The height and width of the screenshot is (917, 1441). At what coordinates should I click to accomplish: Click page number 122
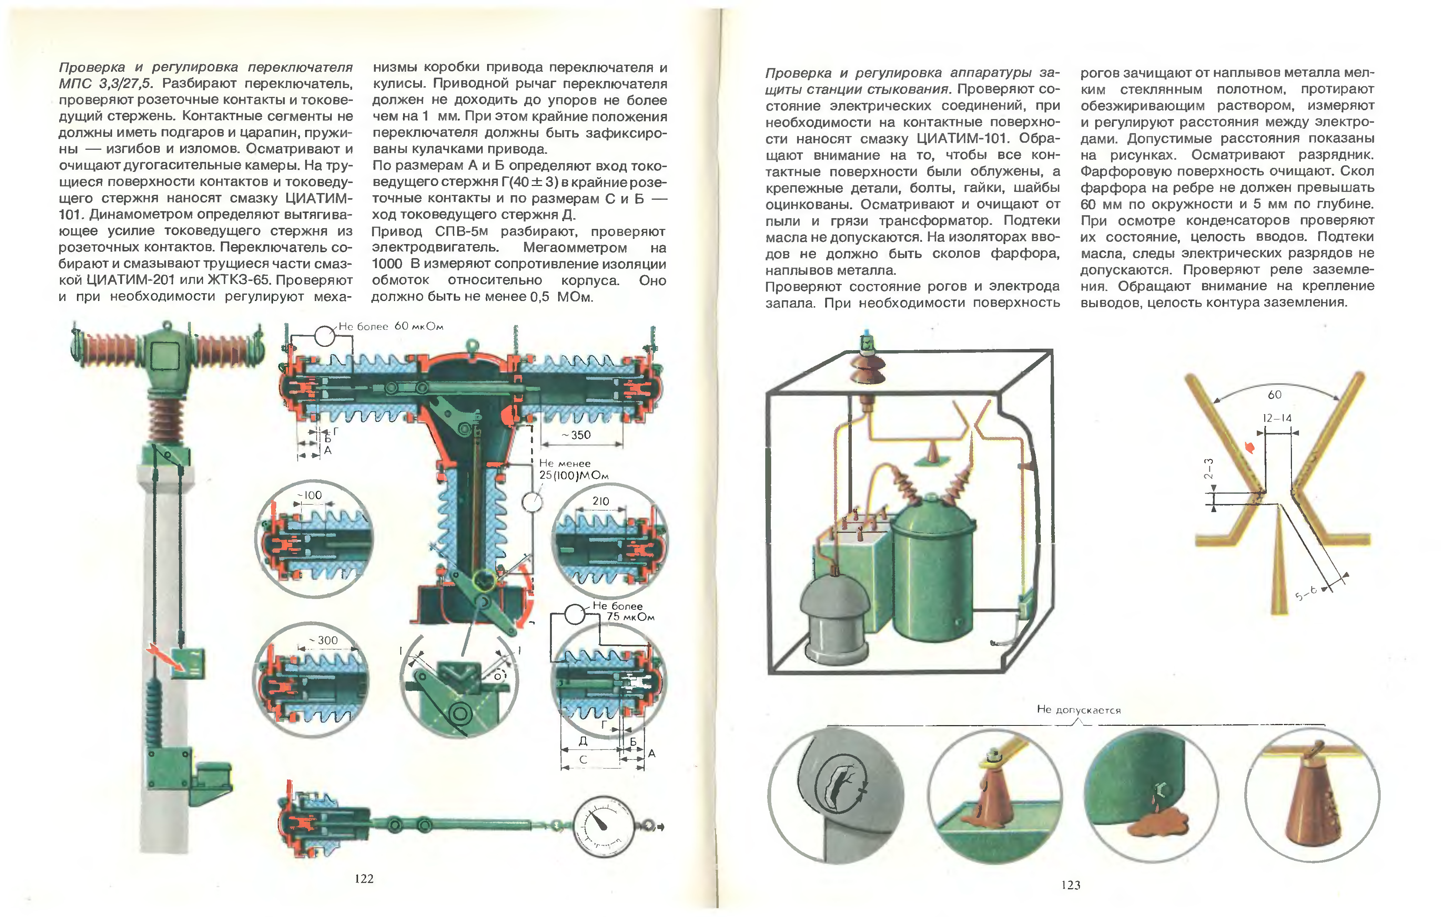pos(364,878)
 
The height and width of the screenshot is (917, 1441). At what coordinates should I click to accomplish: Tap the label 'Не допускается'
pos(1079,710)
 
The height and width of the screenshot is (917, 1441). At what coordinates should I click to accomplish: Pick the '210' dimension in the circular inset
pos(600,501)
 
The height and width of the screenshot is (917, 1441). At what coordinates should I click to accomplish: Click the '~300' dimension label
pos(325,640)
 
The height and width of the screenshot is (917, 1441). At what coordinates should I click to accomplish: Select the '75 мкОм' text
pos(630,617)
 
